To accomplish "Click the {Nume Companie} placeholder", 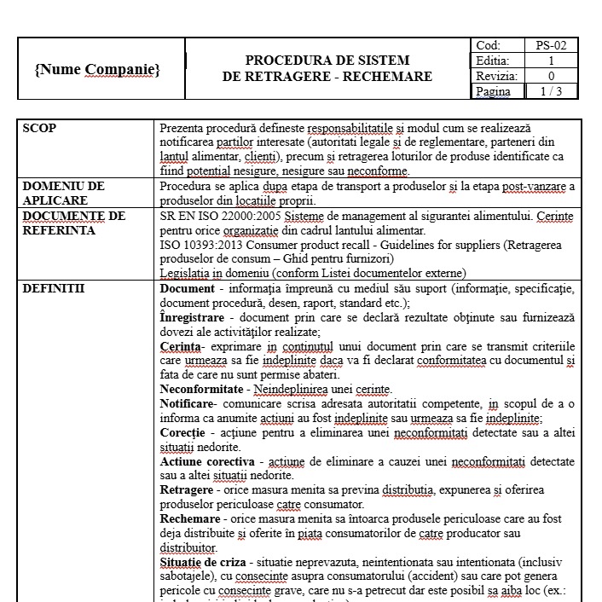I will [x=97, y=68].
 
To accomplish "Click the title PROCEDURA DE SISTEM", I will [x=327, y=61].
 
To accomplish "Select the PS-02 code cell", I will [x=551, y=45].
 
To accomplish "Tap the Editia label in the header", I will [x=493, y=61].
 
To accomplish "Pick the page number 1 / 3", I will [x=551, y=91].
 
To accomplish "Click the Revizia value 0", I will [x=551, y=76].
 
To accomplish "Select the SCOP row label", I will [x=39, y=128].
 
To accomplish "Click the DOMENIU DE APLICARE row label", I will [x=63, y=193].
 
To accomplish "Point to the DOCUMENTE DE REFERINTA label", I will [x=73, y=223].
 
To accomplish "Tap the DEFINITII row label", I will [x=54, y=288].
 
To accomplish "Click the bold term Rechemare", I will [x=190, y=519].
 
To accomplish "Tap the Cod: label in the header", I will [x=489, y=45].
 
